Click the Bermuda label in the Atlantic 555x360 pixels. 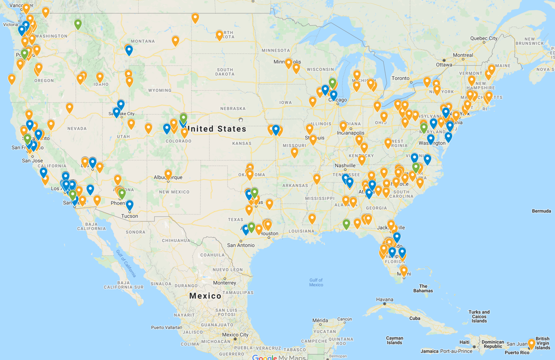pos(541,211)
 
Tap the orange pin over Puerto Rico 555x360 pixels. pos(531,343)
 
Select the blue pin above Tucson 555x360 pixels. pos(130,205)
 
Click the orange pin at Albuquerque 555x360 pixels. pos(168,174)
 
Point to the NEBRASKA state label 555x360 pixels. pos(233,108)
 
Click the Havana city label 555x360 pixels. pos(385,300)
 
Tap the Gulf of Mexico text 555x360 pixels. pos(316,282)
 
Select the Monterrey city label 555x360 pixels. pos(224,283)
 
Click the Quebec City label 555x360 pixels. pos(484,38)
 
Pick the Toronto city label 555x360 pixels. pos(400,78)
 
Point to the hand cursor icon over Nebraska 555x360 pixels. pos(241,120)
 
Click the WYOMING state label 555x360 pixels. pos(160,90)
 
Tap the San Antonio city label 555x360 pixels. pos(241,245)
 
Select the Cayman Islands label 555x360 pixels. pos(395,340)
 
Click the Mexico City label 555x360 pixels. pos(235,335)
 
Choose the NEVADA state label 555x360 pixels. pos(77,128)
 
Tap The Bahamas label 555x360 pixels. pos(423,288)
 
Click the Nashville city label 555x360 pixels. pos(345,165)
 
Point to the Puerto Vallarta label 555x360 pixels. pos(165,327)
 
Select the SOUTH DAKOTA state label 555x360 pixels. pos(225,72)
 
